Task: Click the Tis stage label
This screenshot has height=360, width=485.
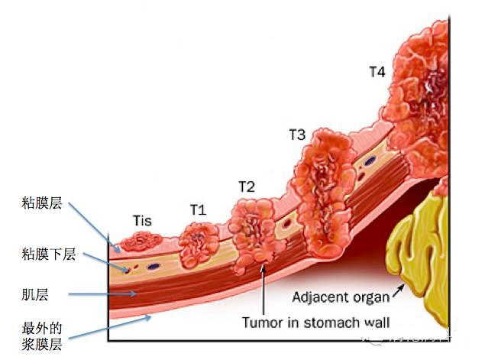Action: (x=142, y=222)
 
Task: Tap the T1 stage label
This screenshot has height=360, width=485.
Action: (x=198, y=209)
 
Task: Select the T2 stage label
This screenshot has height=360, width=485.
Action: (x=246, y=186)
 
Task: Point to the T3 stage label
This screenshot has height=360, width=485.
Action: (x=297, y=135)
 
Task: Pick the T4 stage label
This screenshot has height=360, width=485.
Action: (x=377, y=73)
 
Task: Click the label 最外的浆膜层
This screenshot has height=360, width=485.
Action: (x=41, y=336)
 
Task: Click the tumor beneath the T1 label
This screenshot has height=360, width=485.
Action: (x=198, y=243)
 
